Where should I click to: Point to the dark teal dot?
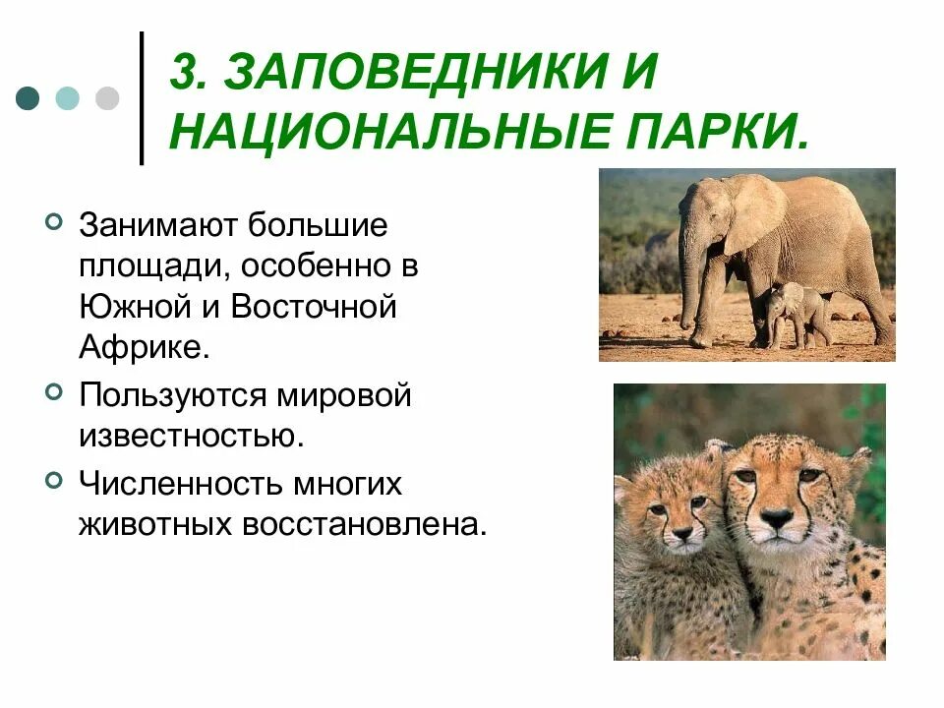[29, 98]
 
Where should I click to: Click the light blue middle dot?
[68, 98]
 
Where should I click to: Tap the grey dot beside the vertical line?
[106, 98]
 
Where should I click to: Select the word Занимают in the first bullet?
[154, 225]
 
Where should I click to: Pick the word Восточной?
[314, 306]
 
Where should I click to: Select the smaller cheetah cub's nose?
[680, 534]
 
